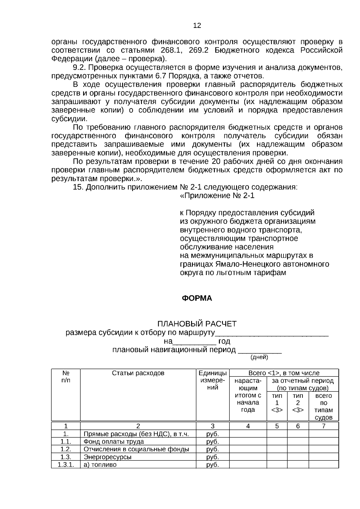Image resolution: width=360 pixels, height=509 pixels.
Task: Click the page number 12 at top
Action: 197,25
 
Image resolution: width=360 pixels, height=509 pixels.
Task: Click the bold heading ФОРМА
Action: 197,298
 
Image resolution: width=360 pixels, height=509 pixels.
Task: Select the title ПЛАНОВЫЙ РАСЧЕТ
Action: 197,324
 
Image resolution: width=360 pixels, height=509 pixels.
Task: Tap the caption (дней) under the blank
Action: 259,357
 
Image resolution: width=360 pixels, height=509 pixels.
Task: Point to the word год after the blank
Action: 224,341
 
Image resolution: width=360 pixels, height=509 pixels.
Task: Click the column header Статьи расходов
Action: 138,373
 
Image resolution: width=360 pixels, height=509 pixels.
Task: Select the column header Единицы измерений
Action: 212,380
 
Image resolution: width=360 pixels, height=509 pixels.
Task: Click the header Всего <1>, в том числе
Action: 284,373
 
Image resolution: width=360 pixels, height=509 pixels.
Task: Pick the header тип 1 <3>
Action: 277,403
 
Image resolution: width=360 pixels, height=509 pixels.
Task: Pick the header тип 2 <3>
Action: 298,403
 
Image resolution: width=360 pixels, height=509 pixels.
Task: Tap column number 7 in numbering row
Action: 323,426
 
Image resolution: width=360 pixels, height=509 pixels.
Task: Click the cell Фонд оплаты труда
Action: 114,442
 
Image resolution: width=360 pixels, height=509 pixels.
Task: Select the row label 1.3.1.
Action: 66,465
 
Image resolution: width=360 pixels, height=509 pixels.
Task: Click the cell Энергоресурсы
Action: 107,457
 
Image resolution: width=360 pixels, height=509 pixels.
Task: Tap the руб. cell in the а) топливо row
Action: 212,465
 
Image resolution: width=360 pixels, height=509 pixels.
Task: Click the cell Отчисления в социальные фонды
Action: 136,449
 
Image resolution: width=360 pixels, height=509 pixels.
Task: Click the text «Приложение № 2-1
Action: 217,196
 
